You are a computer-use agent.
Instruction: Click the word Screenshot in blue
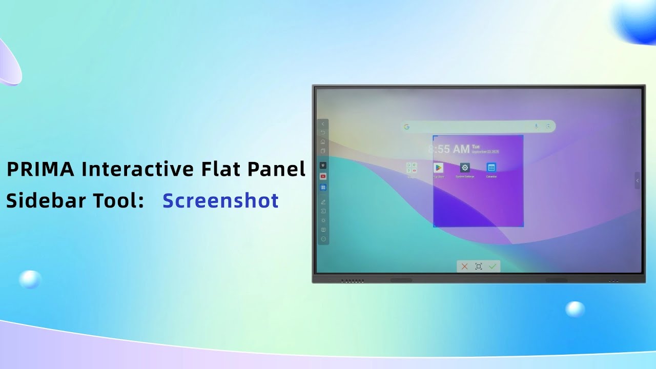pyautogui.click(x=220, y=200)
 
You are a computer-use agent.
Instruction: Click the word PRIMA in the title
pyautogui.click(x=40, y=169)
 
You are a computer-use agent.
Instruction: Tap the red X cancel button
pyautogui.click(x=464, y=266)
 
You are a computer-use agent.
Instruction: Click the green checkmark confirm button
pyautogui.click(x=493, y=266)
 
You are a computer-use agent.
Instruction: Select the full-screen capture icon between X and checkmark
pyautogui.click(x=479, y=266)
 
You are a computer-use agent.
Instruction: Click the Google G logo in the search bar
pyautogui.click(x=406, y=127)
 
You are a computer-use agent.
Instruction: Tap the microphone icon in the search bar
pyautogui.click(x=537, y=127)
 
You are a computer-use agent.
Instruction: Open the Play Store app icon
pyautogui.click(x=439, y=168)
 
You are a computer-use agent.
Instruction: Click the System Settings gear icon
pyautogui.click(x=465, y=168)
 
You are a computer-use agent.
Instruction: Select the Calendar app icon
pyautogui.click(x=491, y=168)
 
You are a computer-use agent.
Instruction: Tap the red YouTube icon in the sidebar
pyautogui.click(x=323, y=176)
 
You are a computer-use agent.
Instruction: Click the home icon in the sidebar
pyautogui.click(x=323, y=141)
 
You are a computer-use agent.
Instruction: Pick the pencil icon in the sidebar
pyautogui.click(x=323, y=202)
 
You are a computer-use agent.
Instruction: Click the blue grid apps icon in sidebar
pyautogui.click(x=323, y=188)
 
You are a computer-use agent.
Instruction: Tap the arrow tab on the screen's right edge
pyautogui.click(x=637, y=180)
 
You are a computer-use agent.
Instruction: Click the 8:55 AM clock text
pyautogui.click(x=449, y=149)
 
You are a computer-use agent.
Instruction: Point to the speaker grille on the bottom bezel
pyautogui.click(x=353, y=281)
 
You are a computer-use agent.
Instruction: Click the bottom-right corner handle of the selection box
pyautogui.click(x=523, y=226)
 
